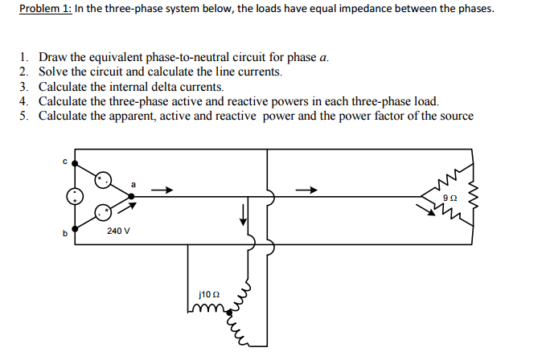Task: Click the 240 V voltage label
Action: pos(118,231)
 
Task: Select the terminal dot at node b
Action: pos(76,229)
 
